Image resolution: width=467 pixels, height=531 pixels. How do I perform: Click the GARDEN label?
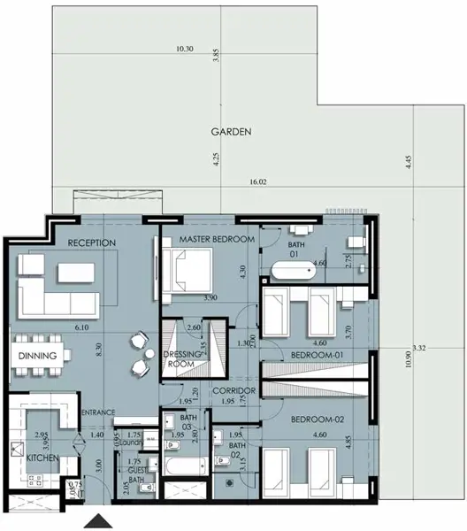point(232,131)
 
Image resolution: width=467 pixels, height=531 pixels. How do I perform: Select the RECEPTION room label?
point(92,242)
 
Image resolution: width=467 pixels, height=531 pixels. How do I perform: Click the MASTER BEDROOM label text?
point(217,240)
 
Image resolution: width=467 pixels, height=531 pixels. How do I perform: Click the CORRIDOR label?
point(234,389)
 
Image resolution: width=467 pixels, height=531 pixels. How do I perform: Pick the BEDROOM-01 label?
point(316,356)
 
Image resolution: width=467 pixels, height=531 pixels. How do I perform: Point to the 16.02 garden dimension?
point(258,181)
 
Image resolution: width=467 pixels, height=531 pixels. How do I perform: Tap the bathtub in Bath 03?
point(175,467)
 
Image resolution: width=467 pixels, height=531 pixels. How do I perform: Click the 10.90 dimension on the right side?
point(410,364)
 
